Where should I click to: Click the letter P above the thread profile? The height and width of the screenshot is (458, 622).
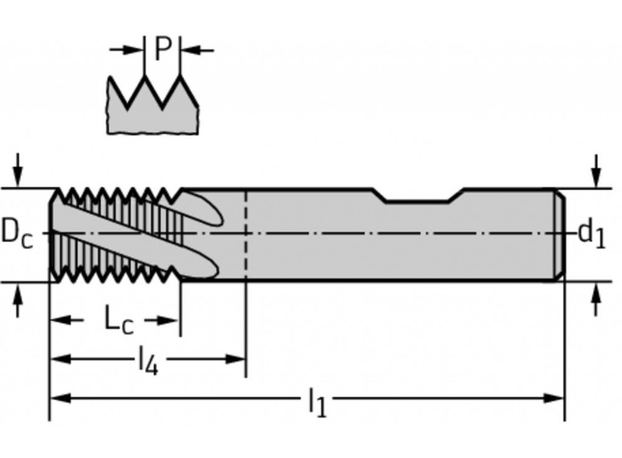coord(162,49)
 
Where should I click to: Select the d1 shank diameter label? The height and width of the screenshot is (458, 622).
coord(591,234)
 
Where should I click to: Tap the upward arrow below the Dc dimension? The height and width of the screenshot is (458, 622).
coord(18,301)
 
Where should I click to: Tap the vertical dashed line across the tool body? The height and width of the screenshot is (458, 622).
coord(246,236)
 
